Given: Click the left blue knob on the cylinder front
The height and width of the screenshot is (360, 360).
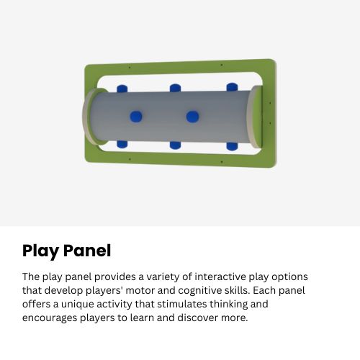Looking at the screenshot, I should [x=135, y=117].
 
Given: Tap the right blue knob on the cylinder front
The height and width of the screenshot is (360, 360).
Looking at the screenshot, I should [x=192, y=117].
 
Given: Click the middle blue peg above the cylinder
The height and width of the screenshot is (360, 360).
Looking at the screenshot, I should [x=175, y=89].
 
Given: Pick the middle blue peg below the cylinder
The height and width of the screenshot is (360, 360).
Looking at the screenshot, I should [x=176, y=144].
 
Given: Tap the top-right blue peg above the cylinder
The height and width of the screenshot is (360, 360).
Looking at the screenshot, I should [x=232, y=88].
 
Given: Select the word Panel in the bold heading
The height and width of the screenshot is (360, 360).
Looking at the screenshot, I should [x=87, y=251].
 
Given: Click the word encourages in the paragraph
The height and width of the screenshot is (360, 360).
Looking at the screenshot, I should [x=51, y=318].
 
